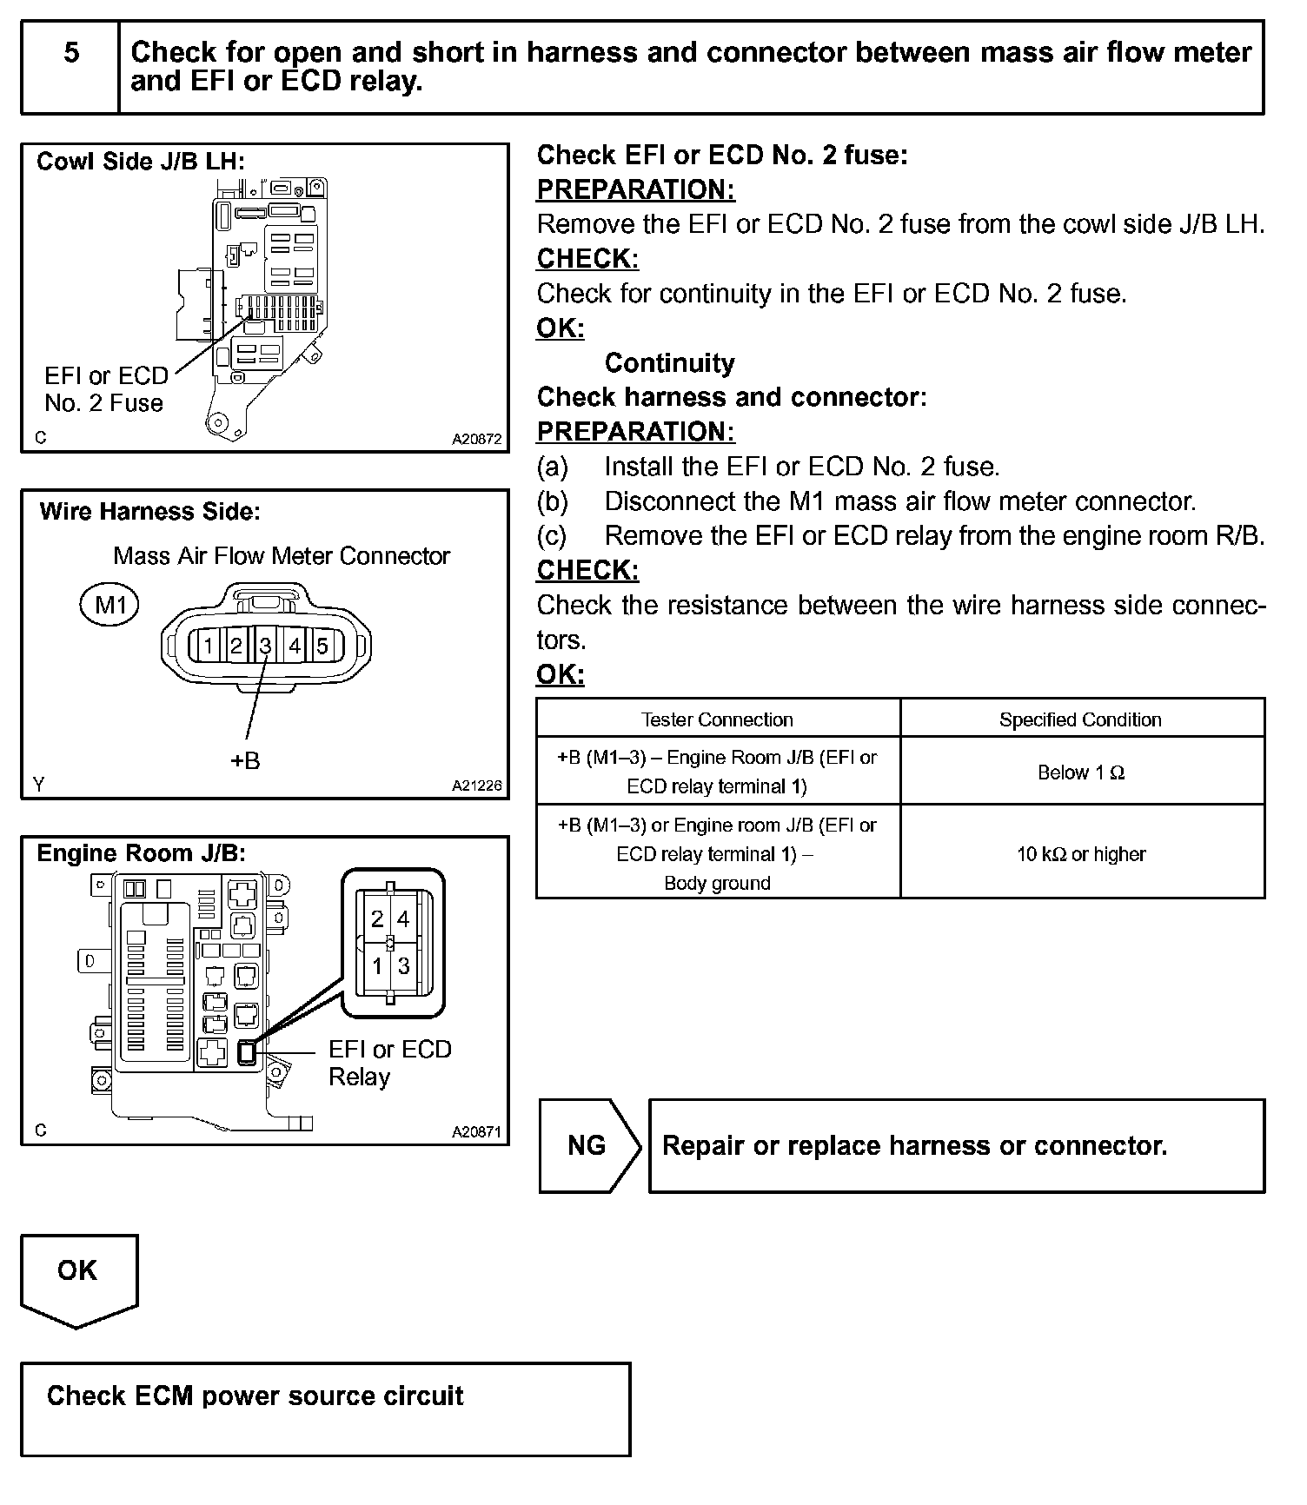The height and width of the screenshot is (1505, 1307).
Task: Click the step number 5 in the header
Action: pos(71,53)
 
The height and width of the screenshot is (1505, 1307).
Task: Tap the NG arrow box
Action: pos(588,1145)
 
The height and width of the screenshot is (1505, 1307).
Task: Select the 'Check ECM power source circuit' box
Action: pos(325,1409)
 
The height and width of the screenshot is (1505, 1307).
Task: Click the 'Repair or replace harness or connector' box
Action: pos(956,1146)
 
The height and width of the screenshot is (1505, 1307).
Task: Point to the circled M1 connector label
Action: pos(109,605)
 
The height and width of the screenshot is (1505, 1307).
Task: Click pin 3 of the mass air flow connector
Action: pos(265,646)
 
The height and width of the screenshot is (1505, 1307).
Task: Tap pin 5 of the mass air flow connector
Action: pos(322,646)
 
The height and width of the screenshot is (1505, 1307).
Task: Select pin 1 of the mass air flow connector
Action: pos(209,646)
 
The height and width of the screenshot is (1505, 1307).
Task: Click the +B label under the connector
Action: pos(245,761)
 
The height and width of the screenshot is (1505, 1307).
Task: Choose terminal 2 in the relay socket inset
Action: pos(377,919)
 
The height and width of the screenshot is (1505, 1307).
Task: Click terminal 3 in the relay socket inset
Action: pos(403,966)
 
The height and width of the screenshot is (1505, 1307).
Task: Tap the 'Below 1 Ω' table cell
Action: pos(1081,772)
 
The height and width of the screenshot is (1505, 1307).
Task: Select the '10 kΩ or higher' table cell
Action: pos(1081,854)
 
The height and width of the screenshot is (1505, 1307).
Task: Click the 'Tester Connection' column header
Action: pos(717,719)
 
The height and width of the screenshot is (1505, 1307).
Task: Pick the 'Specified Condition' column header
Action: pos(1080,719)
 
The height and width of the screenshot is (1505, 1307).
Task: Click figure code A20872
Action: pos(476,440)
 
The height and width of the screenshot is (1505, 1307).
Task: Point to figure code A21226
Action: pos(476,786)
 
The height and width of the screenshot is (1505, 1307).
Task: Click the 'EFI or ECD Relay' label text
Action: pos(389,1063)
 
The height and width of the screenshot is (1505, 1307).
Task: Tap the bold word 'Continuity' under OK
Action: pos(669,363)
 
